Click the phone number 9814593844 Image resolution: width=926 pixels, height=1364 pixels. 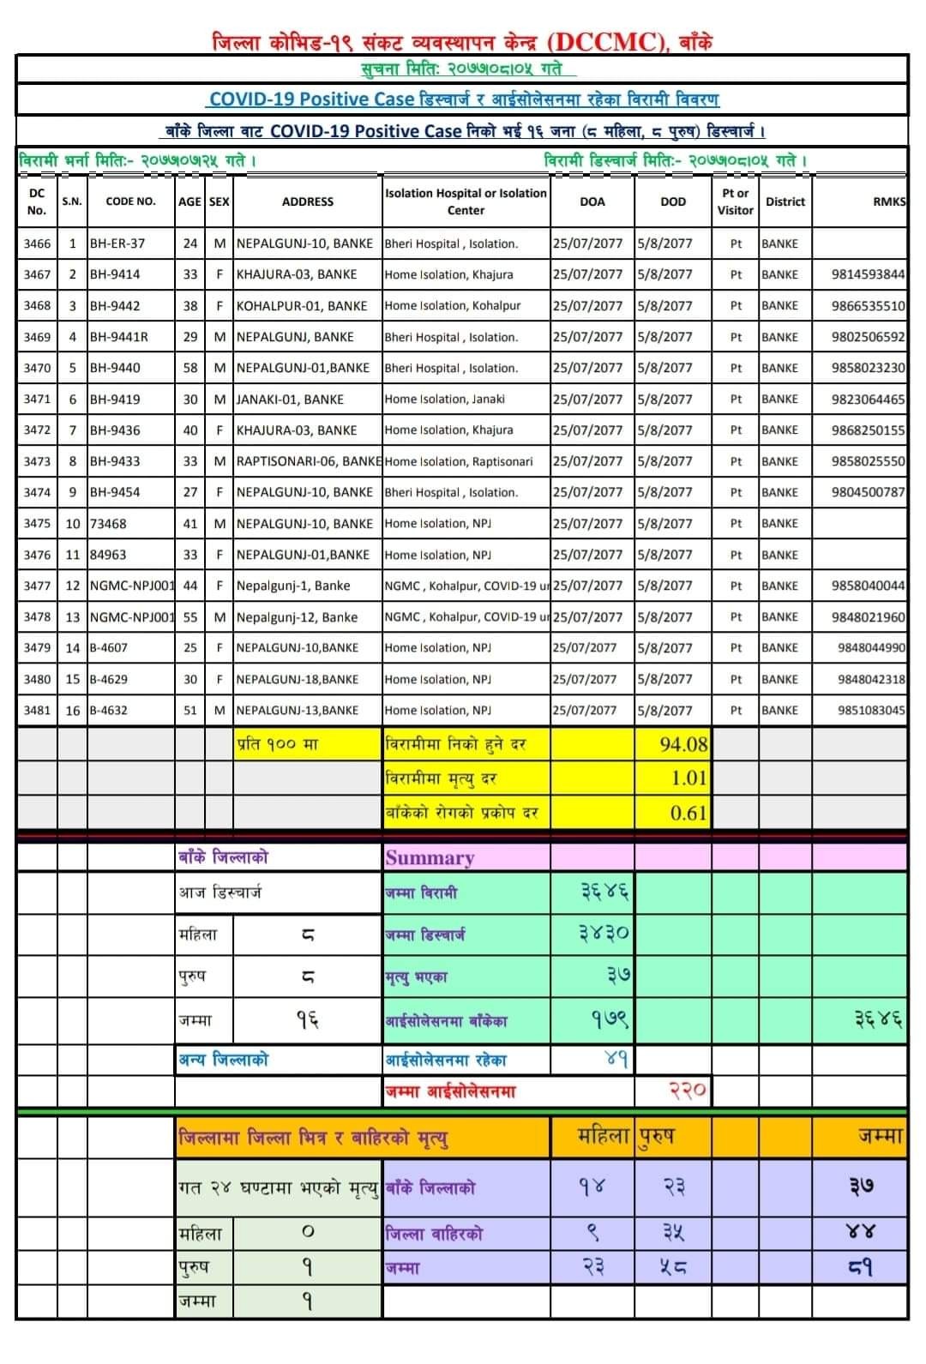867,274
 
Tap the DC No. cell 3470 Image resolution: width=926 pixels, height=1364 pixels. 37,368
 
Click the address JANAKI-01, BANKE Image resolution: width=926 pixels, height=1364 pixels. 290,399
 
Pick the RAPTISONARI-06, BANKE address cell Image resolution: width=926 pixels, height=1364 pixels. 308,461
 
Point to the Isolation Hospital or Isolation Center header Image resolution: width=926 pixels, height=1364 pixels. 466,201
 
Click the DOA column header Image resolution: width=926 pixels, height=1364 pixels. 592,201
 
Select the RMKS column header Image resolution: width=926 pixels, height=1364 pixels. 888,201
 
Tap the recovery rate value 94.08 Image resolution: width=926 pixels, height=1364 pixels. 683,744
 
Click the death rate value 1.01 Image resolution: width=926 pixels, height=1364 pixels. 688,778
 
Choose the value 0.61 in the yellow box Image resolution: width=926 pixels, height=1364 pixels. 688,813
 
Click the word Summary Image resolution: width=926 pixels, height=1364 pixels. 430,857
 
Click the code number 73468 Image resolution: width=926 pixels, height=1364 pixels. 108,523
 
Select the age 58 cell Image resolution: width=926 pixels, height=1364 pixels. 189,368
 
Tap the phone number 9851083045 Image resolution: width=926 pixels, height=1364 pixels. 870,710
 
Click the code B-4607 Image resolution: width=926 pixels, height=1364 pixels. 109,647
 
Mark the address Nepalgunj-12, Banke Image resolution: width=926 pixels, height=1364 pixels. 297,616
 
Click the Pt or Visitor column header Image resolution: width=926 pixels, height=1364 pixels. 735,201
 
